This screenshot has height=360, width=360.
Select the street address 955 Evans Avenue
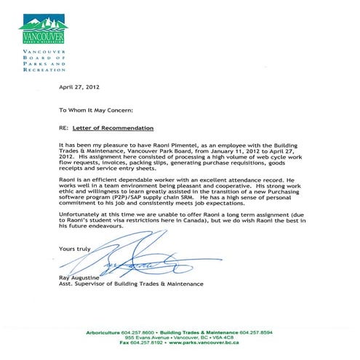click(x=145, y=338)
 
